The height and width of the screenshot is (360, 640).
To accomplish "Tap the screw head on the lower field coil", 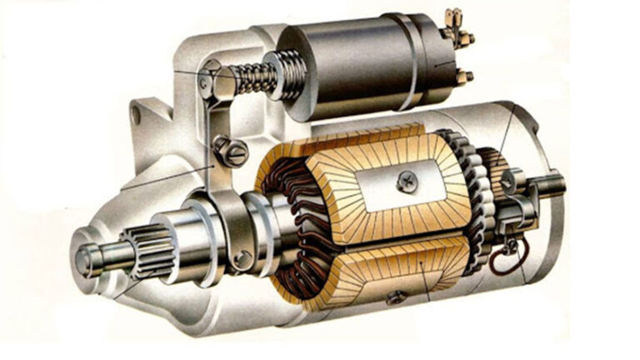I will pyautogui.click(x=395, y=295).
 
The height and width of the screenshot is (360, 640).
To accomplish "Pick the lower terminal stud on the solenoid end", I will pyautogui.click(x=463, y=77).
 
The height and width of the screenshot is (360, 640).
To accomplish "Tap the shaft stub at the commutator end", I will pyautogui.click(x=549, y=185).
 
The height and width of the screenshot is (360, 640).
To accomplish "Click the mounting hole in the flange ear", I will pyautogui.click(x=135, y=115).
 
